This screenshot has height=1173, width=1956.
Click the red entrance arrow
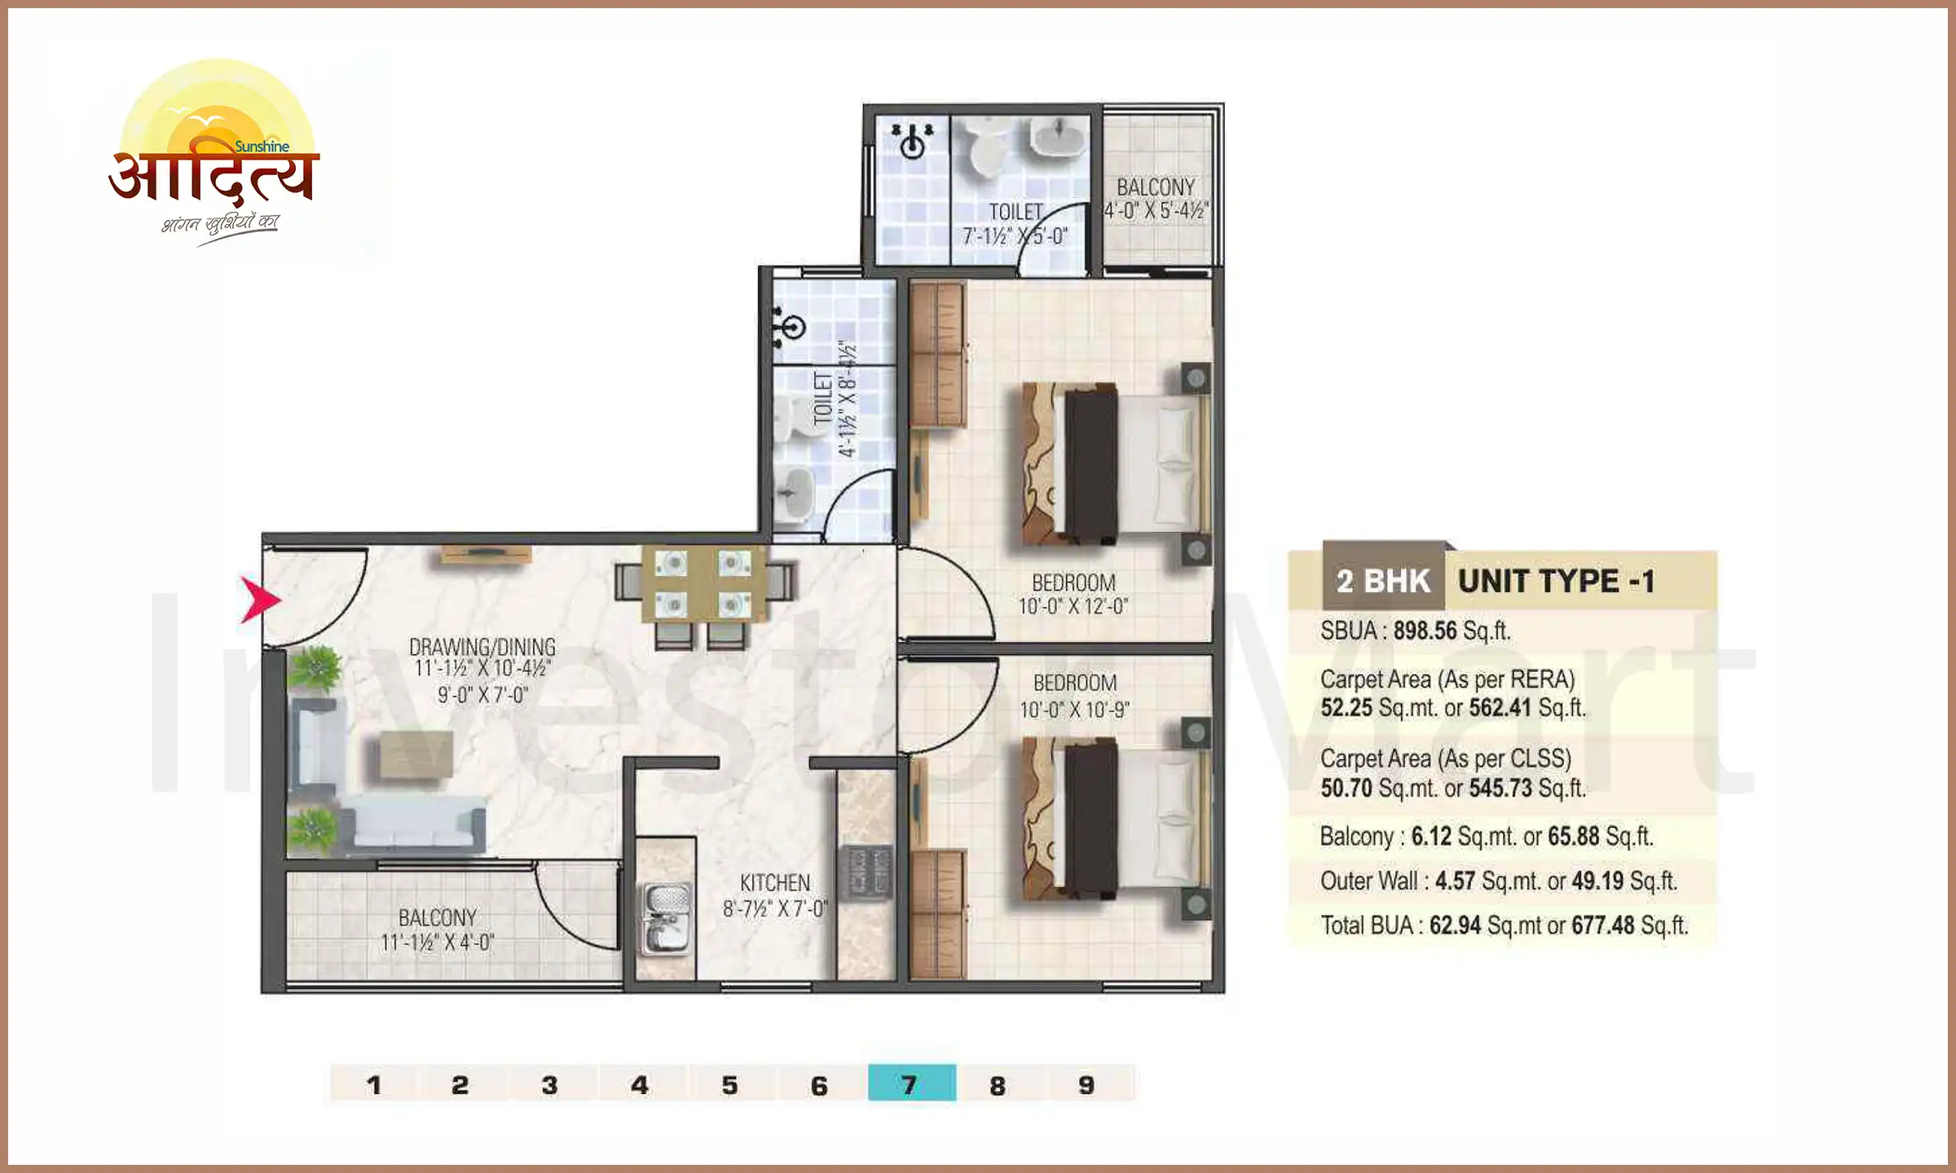click(260, 600)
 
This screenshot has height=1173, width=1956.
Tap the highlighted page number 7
click(910, 1084)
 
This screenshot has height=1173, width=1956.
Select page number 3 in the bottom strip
click(550, 1084)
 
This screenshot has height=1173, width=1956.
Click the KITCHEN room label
click(774, 883)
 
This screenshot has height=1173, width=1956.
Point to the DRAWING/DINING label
click(482, 647)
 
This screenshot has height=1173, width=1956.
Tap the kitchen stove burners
click(866, 873)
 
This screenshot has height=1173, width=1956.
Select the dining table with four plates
click(703, 583)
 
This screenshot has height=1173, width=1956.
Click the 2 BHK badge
click(1383, 582)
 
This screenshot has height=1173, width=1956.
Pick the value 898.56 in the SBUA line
click(1425, 630)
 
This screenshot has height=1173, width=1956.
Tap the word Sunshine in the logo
click(262, 147)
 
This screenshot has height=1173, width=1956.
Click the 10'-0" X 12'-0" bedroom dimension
click(1073, 606)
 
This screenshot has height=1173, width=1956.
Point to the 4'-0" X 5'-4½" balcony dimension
click(1156, 211)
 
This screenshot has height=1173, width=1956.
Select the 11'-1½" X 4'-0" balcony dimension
click(437, 942)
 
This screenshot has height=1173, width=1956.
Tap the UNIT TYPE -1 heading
click(1556, 582)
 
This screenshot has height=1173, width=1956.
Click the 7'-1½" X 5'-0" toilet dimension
click(1015, 236)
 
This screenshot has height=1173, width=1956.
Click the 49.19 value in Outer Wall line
click(1597, 881)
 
